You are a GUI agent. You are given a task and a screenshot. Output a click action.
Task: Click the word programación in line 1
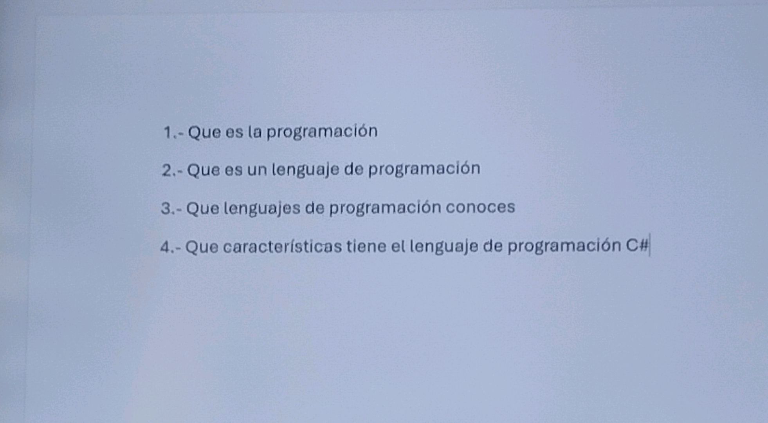(322, 132)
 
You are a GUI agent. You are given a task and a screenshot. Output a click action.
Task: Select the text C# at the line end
(636, 245)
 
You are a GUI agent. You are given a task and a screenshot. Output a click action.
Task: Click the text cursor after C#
(650, 245)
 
